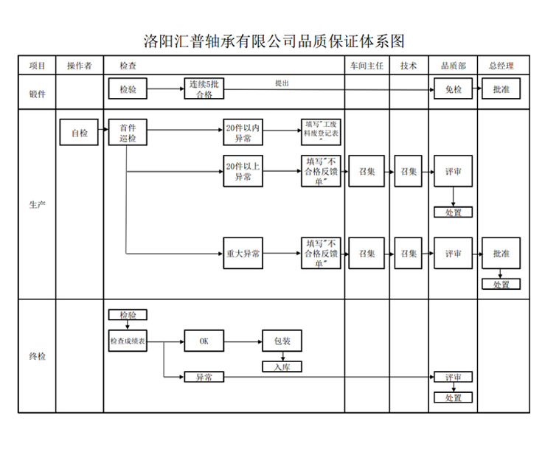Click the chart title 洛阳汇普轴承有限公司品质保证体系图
pos(274,41)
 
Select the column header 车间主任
pos(367,66)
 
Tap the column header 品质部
pos(453,66)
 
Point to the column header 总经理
pos(501,66)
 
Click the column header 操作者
pos(79,66)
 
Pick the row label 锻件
pos(37,94)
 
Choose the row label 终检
pos(37,356)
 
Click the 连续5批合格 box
pos(204,89)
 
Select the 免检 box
pos(453,89)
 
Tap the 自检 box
pos(79,133)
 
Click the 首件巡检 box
pos(128,133)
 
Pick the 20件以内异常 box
pos(243,133)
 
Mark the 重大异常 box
pos(243,254)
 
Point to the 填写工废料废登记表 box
pos(321,133)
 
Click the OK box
pos(204,341)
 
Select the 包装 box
pos(282,341)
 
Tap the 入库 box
pos(282,366)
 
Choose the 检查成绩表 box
pos(128,341)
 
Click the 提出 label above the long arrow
pos(282,83)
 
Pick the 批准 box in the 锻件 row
pos(501,89)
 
